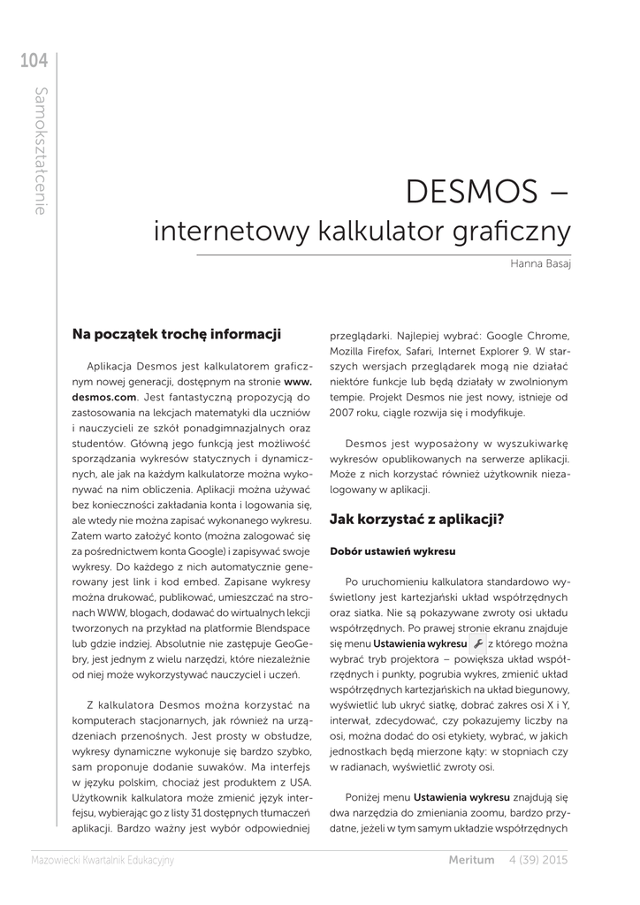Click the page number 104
[x=34, y=61]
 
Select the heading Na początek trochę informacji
[x=177, y=334]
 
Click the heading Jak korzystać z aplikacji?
[x=416, y=519]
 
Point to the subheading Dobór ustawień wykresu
[x=392, y=551]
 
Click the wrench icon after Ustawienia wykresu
[x=477, y=645]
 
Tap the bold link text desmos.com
[x=104, y=398]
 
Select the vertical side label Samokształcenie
[x=41, y=151]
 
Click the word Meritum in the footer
[x=471, y=859]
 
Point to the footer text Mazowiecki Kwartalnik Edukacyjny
[x=103, y=859]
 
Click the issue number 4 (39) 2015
[x=538, y=859]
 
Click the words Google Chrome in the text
[x=527, y=336]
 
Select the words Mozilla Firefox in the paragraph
[x=366, y=351]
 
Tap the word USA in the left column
[x=300, y=783]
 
